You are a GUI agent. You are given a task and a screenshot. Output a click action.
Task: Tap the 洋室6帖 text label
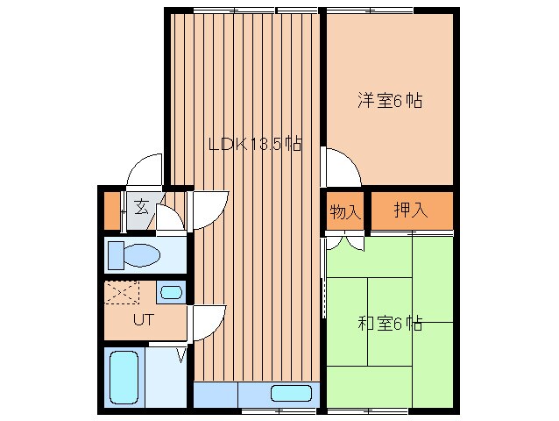(390, 101)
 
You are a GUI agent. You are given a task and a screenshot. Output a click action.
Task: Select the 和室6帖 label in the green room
(390, 324)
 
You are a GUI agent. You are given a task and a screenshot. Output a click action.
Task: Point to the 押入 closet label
(410, 210)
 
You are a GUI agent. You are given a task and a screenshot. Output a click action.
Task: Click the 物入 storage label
(345, 211)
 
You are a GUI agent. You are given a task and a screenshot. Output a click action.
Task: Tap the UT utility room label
(143, 319)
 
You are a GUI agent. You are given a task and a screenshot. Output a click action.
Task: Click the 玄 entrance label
(142, 209)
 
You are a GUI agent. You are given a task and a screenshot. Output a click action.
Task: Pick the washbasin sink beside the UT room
(172, 292)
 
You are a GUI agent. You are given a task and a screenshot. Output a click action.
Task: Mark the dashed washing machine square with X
(123, 292)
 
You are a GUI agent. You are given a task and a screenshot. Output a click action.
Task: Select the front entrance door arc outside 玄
(145, 172)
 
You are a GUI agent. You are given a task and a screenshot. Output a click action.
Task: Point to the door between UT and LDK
(209, 320)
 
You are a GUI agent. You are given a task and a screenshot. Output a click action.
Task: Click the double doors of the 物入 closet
(345, 239)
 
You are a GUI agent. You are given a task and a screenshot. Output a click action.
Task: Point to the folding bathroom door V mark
(180, 355)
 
